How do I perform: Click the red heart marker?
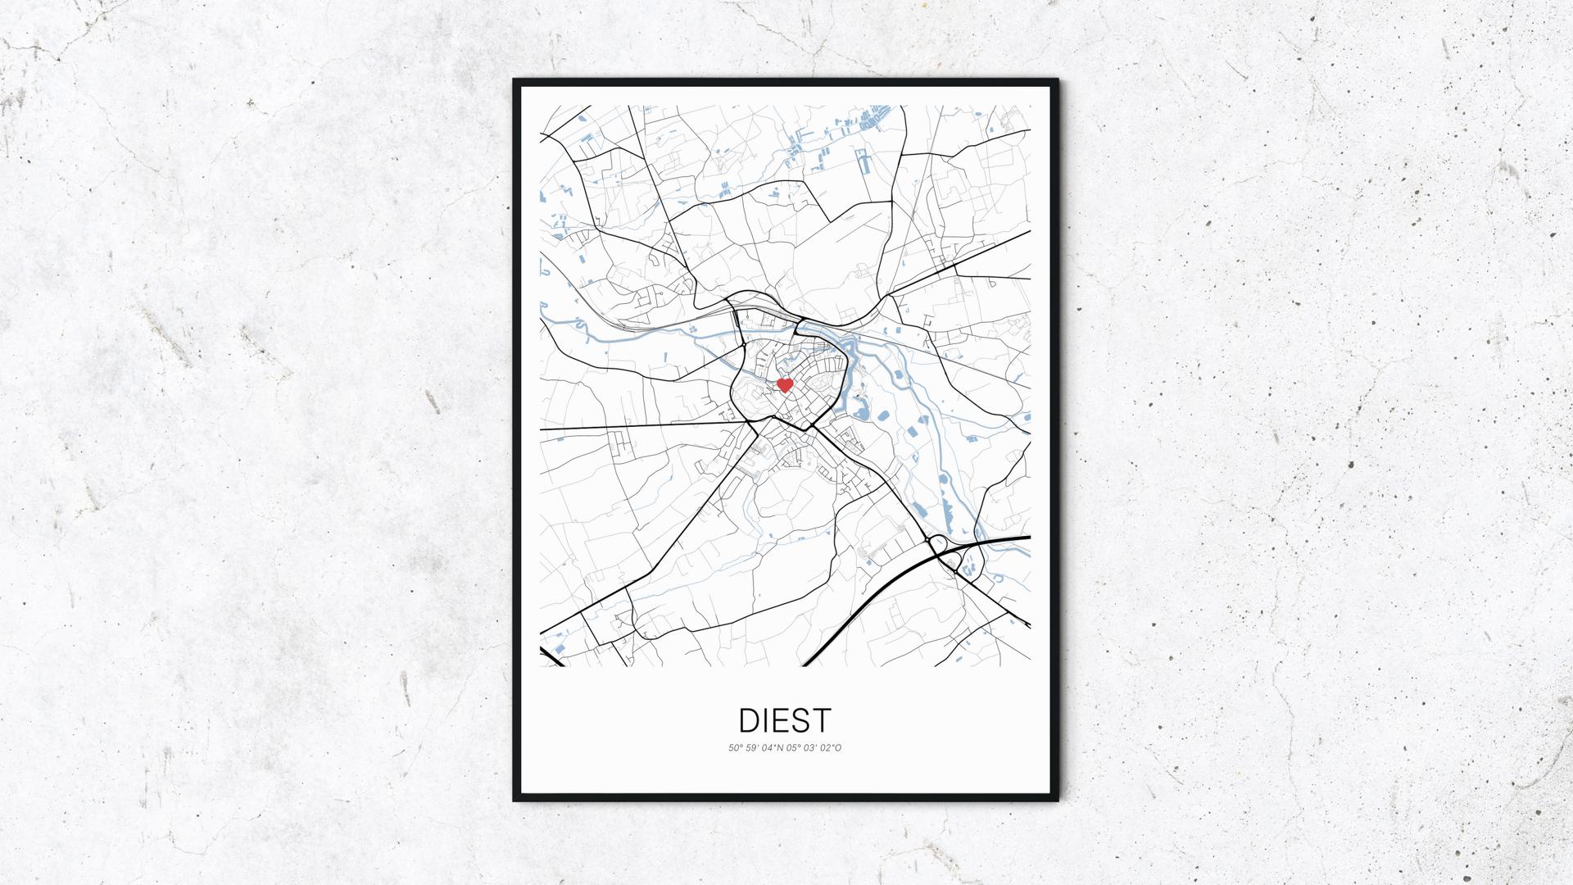point(784,384)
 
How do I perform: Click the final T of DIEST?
point(822,720)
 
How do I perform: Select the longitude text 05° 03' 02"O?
point(814,747)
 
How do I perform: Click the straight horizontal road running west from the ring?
point(639,426)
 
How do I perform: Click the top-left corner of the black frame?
point(516,82)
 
